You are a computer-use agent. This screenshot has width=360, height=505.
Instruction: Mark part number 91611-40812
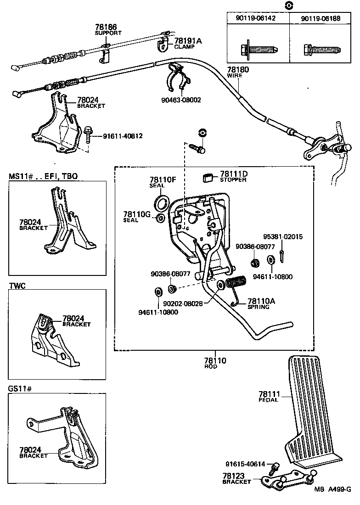pos(123,136)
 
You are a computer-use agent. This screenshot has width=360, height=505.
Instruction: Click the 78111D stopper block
pos(210,176)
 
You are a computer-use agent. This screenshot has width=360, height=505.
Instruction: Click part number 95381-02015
pos(282,237)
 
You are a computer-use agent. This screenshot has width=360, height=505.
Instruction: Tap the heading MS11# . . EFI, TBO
pos(43,176)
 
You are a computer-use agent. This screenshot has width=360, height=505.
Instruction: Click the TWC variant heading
pos(17,286)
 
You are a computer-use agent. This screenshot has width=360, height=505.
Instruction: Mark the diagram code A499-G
pos(339,489)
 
